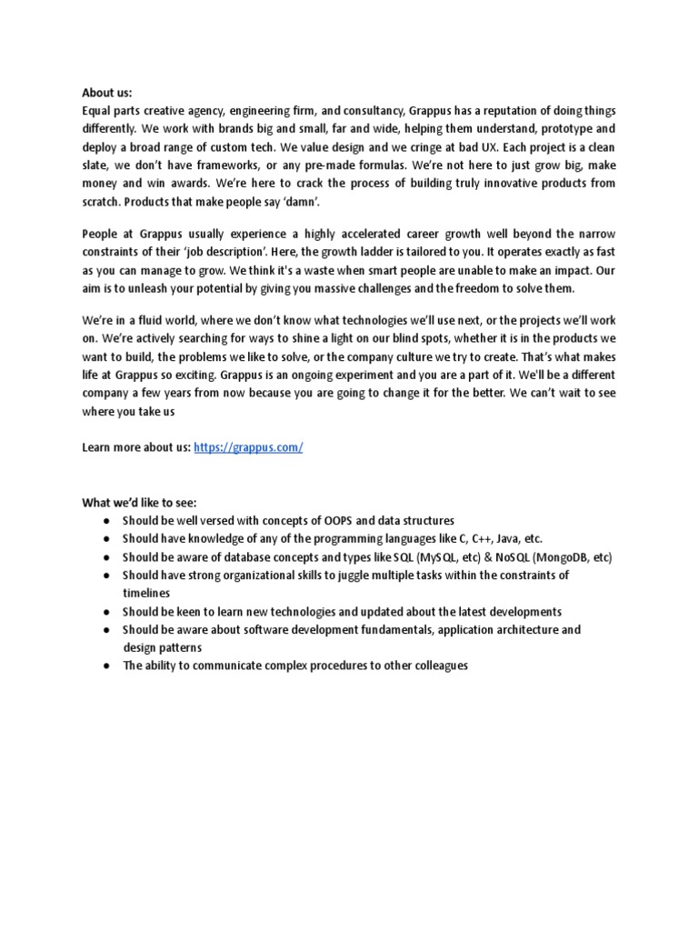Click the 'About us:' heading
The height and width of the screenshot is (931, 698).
tap(107, 93)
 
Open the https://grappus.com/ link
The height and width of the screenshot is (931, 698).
tap(248, 448)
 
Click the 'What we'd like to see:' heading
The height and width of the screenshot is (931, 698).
tap(139, 503)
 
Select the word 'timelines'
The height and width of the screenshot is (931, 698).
tap(147, 592)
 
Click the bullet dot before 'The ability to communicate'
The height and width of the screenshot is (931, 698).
tap(107, 665)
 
